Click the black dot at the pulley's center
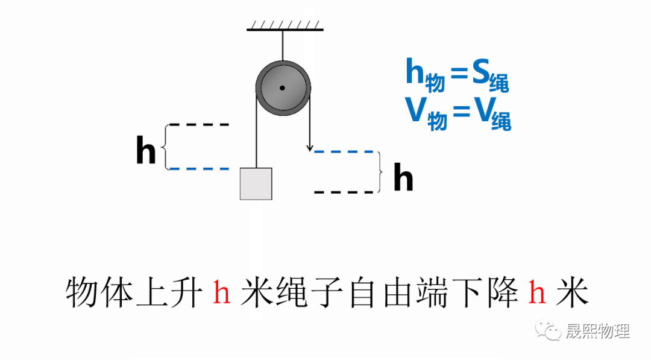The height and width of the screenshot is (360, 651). pyautogui.click(x=282, y=89)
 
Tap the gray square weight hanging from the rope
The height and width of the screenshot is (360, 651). pyautogui.click(x=256, y=183)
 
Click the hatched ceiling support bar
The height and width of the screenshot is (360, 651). pyautogui.click(x=285, y=27)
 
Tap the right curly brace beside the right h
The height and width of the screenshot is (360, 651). pyautogui.click(x=379, y=172)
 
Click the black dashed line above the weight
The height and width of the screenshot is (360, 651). pyautogui.click(x=199, y=125)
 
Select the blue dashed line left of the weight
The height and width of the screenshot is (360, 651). pyautogui.click(x=199, y=169)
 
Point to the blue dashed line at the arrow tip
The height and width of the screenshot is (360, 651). pyautogui.click(x=344, y=152)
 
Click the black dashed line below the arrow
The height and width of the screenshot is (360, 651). pyautogui.click(x=344, y=192)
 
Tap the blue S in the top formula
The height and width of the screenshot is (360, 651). pyautogui.click(x=480, y=73)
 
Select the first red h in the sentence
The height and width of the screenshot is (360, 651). pyautogui.click(x=222, y=293)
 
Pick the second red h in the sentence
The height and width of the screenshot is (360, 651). pyautogui.click(x=536, y=293)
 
